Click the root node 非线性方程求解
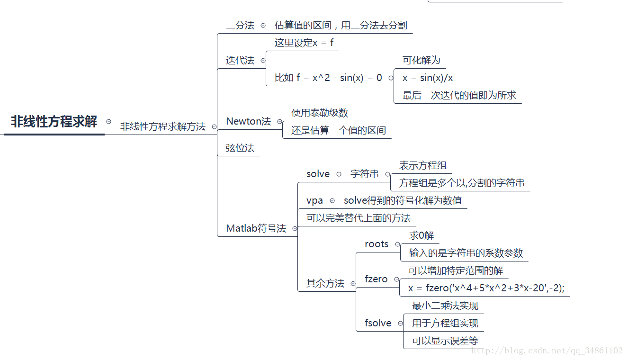(54, 122)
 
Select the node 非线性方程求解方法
(162, 126)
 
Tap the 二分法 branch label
(240, 26)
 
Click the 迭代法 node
(240, 61)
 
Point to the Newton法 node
(248, 121)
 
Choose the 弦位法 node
(240, 148)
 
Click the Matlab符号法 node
(256, 228)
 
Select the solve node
(318, 174)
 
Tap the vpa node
(314, 200)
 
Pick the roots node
(377, 244)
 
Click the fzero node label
(376, 279)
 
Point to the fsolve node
(378, 323)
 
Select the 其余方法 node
(325, 283)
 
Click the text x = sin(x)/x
(428, 78)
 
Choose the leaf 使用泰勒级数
(320, 113)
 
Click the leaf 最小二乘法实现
(445, 306)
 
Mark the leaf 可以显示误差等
(445, 341)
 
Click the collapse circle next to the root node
(108, 122)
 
